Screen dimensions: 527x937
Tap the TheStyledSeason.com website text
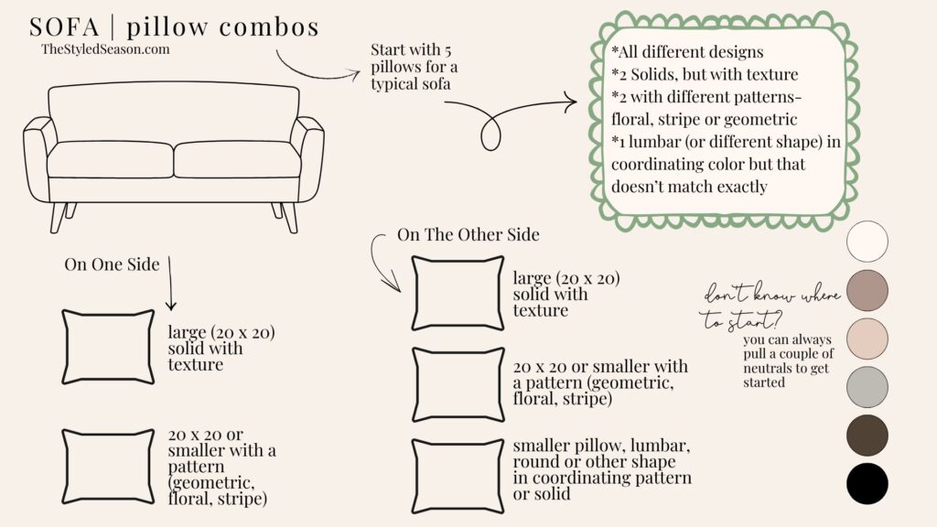pos(105,49)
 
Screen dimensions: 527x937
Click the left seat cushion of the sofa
pos(109,159)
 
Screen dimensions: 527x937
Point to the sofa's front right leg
pos(288,217)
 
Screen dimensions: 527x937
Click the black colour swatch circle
pos(867,483)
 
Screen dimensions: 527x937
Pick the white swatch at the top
pos(867,242)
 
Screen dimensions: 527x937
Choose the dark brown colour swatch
pos(867,435)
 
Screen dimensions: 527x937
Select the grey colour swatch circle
pos(867,386)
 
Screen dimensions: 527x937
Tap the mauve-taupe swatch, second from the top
pos(867,290)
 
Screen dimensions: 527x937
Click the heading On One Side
pos(112,264)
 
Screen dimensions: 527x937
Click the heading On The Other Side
pos(468,235)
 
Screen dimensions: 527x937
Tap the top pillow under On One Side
pos(108,347)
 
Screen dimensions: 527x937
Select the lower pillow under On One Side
pos(108,466)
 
